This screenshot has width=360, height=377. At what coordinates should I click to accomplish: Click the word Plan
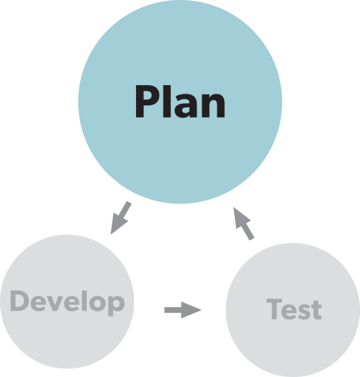[180, 101]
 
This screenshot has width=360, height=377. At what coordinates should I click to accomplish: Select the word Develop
[68, 303]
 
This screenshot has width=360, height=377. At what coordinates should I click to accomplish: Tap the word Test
[294, 309]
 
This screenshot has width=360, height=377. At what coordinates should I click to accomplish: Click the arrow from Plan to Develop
[120, 218]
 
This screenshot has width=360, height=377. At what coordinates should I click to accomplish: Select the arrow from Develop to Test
[183, 310]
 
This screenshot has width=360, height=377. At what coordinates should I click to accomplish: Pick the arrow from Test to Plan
[243, 223]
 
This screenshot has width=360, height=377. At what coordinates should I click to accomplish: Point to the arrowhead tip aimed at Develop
[111, 234]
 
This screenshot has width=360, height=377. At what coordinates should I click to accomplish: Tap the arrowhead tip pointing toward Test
[202, 310]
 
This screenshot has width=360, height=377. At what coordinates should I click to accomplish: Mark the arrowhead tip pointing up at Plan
[234, 208]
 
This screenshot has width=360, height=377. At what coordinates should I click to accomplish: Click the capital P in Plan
[147, 101]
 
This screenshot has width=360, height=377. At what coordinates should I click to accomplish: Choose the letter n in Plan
[212, 105]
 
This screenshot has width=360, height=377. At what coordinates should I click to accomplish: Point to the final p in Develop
[116, 306]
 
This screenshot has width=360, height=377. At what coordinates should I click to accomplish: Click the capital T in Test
[274, 309]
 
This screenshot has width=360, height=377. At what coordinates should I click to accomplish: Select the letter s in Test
[303, 312]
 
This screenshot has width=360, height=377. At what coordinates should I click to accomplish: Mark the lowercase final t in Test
[316, 310]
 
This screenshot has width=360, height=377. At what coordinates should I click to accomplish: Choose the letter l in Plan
[166, 101]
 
